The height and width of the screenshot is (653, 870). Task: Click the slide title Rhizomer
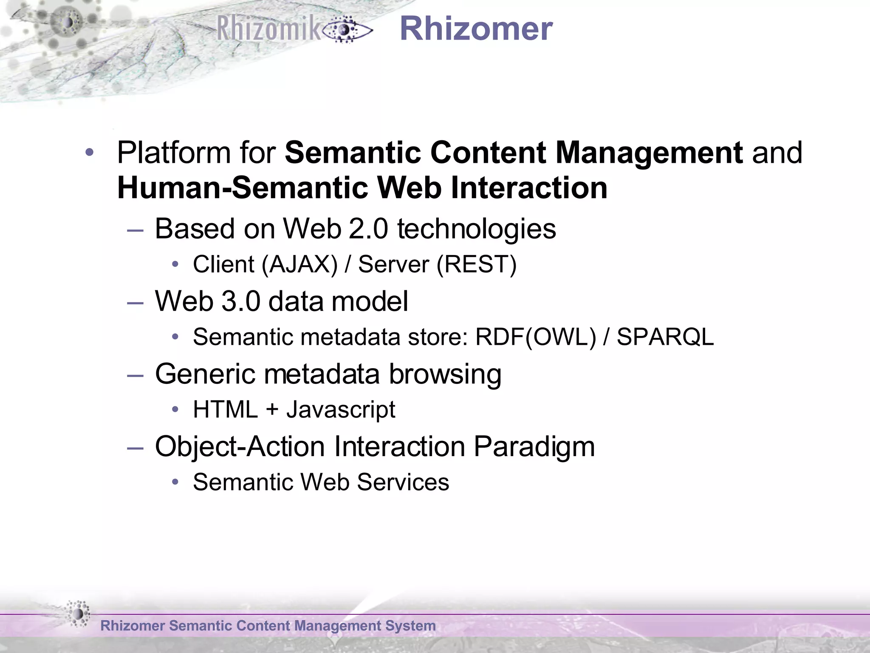pyautogui.click(x=476, y=29)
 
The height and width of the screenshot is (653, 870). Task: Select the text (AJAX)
pyautogui.click(x=299, y=264)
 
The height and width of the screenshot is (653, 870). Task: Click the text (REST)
pyautogui.click(x=476, y=264)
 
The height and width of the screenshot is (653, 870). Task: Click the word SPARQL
pyautogui.click(x=665, y=337)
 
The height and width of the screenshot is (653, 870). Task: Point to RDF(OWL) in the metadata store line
pyautogui.click(x=536, y=337)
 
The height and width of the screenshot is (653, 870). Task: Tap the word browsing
pyautogui.click(x=445, y=374)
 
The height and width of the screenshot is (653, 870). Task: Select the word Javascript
pyautogui.click(x=341, y=410)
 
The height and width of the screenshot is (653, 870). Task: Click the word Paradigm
pyautogui.click(x=534, y=447)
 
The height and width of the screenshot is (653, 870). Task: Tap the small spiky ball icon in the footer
pyautogui.click(x=78, y=613)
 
